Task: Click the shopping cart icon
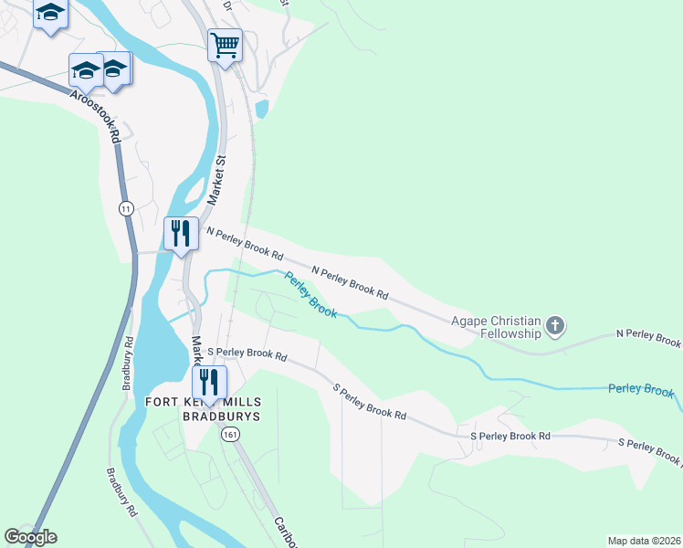coord(225,45)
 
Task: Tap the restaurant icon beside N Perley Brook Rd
coord(181,233)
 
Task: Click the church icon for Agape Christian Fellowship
coord(554,325)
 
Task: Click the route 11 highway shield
coord(125,209)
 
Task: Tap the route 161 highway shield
coord(230,436)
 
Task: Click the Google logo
coord(31,537)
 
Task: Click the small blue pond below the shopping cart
coord(263,111)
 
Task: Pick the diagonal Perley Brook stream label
coord(310,295)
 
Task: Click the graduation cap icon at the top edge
coord(50,13)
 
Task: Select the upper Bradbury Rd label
coord(128,364)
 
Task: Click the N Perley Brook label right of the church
coord(649,339)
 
